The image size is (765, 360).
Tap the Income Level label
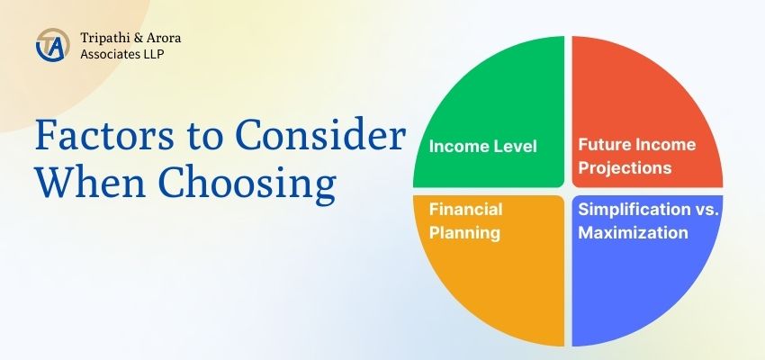tap(483, 146)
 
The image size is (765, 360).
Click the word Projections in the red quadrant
tap(625, 167)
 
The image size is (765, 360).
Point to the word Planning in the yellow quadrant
tap(463, 232)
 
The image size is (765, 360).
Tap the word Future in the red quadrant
tap(602, 144)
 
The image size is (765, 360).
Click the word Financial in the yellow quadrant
tap(465, 210)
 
